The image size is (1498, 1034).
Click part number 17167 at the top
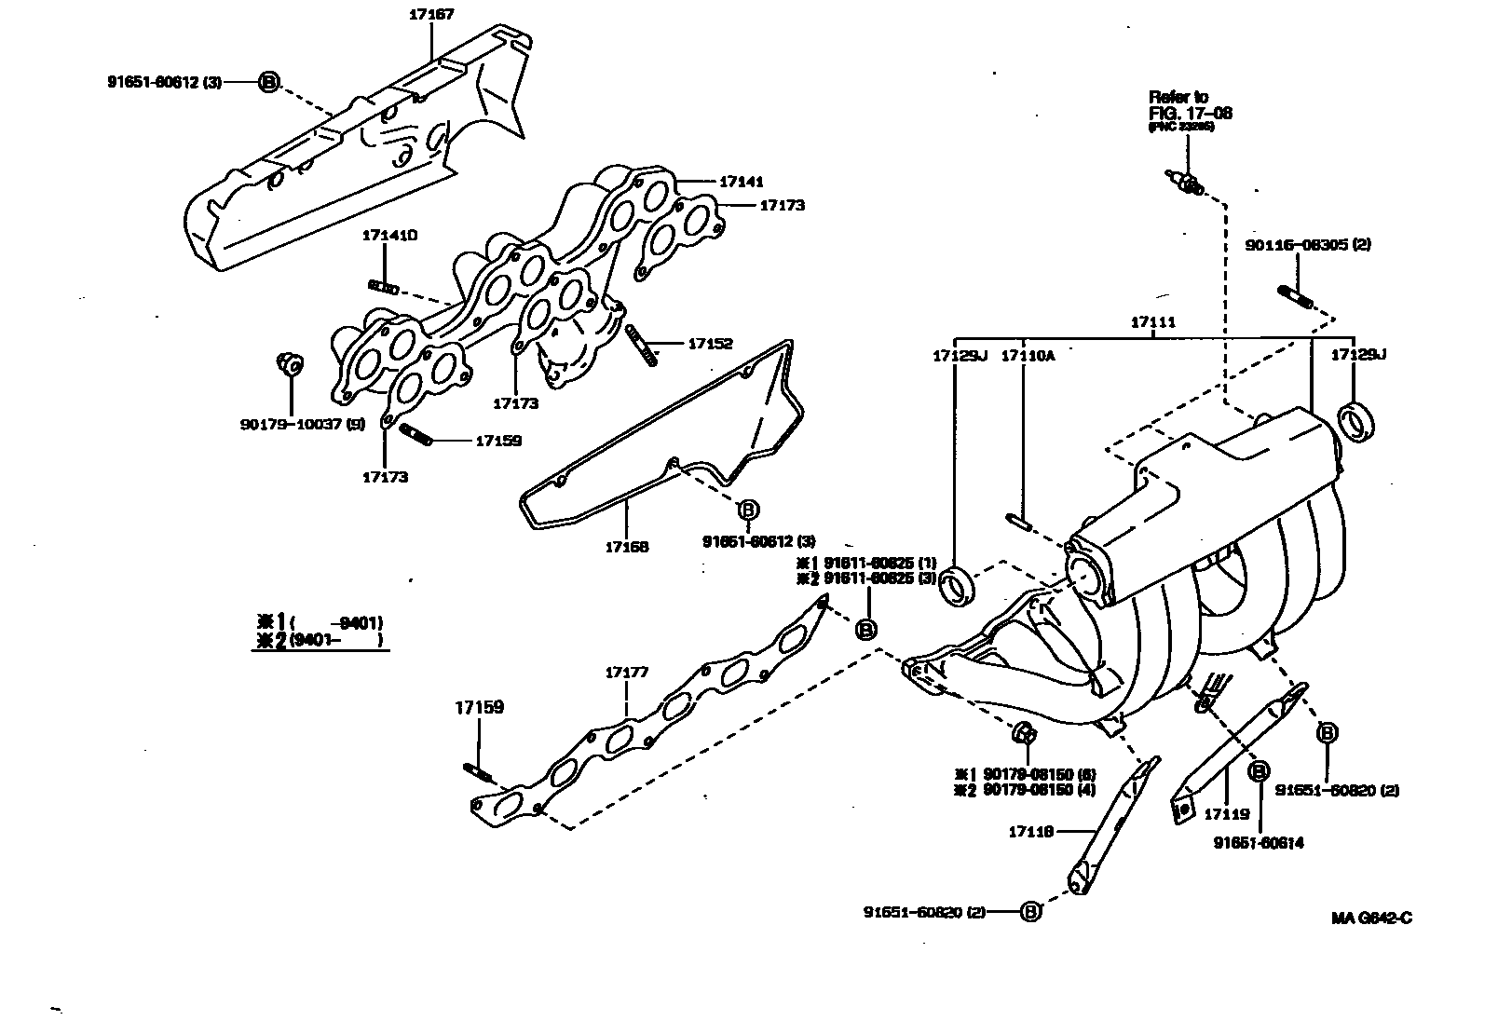430,15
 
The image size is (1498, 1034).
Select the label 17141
741,183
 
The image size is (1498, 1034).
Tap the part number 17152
711,343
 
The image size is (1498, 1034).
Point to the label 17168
627,547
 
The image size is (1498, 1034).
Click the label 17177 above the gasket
627,672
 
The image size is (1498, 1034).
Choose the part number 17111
1152,322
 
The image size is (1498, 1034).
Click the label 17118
1030,831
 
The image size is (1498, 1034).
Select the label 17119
1227,813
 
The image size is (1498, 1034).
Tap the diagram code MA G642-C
1371,918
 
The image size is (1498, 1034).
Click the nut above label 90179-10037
288,362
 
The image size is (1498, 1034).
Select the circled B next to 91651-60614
1259,771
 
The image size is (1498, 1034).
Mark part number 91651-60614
1258,843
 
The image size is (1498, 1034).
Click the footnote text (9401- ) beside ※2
336,641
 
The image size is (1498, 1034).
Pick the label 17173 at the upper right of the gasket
783,205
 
